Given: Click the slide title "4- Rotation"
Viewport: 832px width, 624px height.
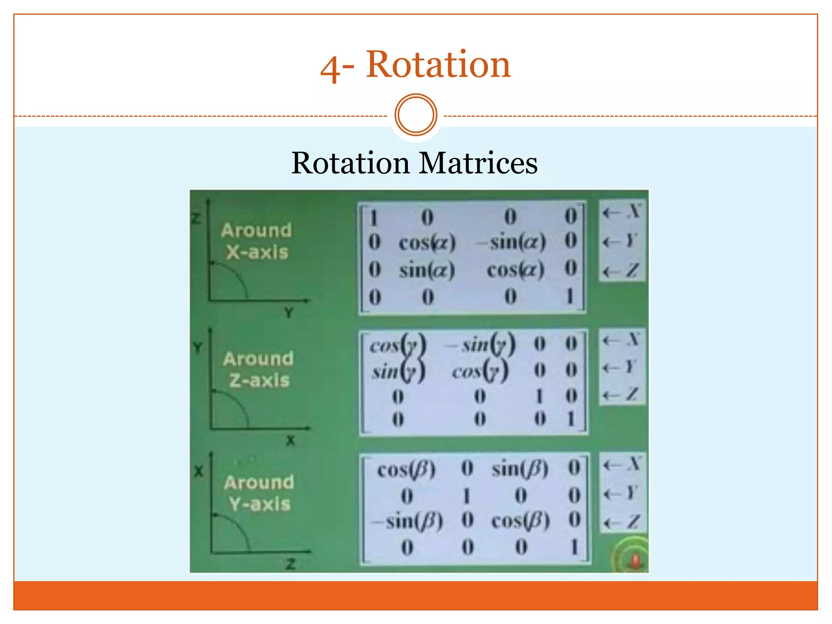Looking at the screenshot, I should tap(415, 65).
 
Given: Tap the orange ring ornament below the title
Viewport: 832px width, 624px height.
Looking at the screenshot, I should tap(416, 115).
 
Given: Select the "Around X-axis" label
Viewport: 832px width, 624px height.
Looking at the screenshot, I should tap(257, 241).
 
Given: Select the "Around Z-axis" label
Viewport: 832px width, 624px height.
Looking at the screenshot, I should tap(259, 370).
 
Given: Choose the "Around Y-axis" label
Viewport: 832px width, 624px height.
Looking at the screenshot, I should tap(259, 493).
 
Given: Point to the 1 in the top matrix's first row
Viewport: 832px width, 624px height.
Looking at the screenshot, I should tap(373, 218).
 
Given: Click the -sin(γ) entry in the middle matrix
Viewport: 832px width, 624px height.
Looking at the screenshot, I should tap(481, 344).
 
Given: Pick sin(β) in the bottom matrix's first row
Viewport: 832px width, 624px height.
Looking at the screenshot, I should tap(520, 469).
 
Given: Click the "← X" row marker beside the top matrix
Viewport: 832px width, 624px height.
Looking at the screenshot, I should tap(622, 212).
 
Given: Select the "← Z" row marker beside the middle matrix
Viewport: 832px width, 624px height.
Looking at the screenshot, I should tap(622, 394).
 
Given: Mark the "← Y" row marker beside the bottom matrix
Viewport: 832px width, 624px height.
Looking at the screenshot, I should tap(622, 494).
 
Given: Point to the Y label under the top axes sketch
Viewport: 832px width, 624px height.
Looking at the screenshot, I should tap(288, 313).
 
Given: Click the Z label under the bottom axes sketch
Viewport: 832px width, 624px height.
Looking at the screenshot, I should tap(290, 564).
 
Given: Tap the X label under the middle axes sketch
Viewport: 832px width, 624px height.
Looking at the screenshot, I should tap(290, 440).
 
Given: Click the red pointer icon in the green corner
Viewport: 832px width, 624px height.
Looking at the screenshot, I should tap(635, 561).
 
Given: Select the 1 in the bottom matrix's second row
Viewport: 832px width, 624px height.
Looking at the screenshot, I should tap(466, 496).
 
